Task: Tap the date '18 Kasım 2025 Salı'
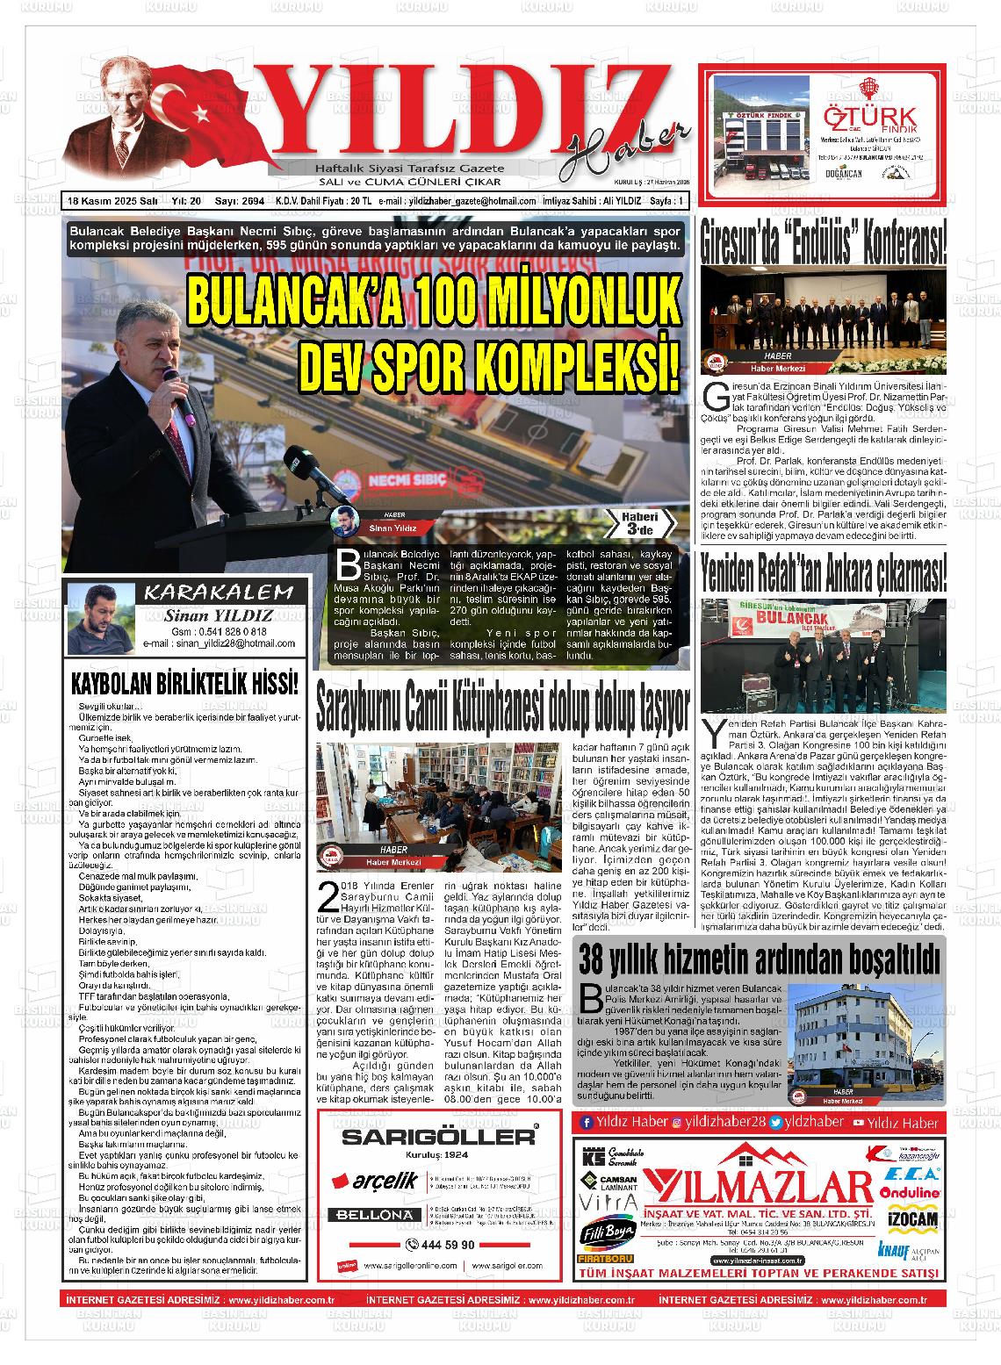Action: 112,201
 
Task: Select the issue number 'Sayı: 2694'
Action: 241,201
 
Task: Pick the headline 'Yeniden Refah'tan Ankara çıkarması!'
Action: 823,575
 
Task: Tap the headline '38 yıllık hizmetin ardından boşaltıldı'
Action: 760,959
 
